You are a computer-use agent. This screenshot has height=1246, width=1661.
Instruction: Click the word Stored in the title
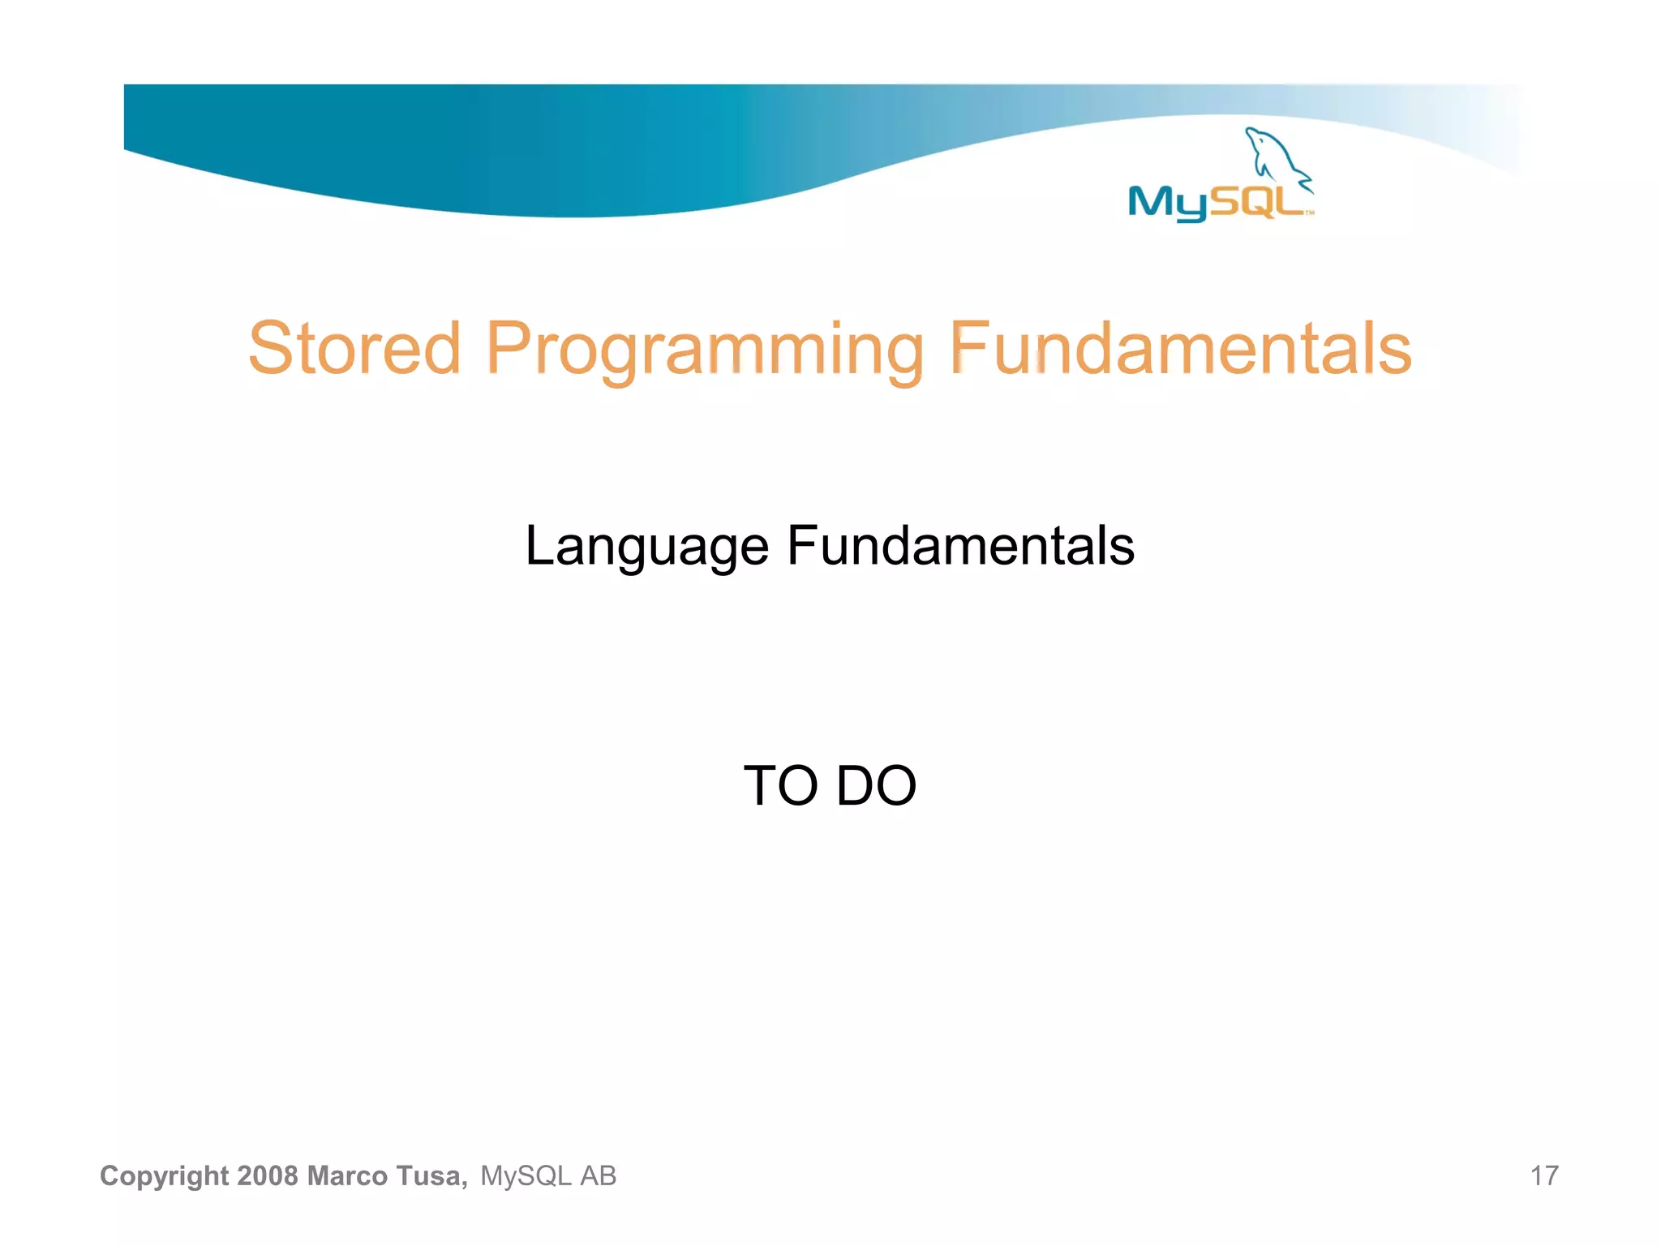[354, 349]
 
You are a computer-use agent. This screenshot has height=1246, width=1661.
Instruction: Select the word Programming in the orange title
[704, 350]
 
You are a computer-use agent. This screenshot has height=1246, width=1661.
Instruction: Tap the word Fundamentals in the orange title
[1180, 349]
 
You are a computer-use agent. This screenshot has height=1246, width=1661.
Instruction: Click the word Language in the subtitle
[646, 547]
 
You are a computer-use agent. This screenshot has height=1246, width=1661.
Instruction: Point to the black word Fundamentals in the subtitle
[960, 545]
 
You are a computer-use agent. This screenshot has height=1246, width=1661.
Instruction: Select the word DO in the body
[876, 786]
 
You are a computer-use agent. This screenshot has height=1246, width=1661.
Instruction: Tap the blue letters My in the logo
[1165, 203]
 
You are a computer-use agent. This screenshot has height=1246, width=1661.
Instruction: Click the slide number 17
[1543, 1175]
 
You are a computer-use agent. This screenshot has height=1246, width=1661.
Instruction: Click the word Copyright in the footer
[164, 1176]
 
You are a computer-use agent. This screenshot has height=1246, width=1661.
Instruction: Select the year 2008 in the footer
[268, 1175]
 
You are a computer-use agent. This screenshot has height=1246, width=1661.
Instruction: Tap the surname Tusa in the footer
[431, 1175]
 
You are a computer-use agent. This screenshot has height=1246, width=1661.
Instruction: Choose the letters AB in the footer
[599, 1175]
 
